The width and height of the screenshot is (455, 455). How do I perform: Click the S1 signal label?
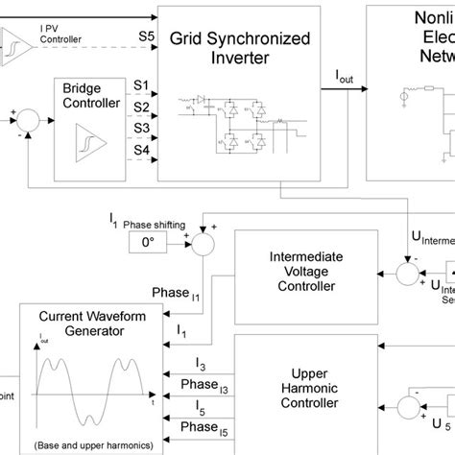(140, 85)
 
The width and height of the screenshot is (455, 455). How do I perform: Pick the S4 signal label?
(140, 150)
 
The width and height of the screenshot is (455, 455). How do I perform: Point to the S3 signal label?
(140, 128)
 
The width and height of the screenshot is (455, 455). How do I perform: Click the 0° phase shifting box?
(147, 244)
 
